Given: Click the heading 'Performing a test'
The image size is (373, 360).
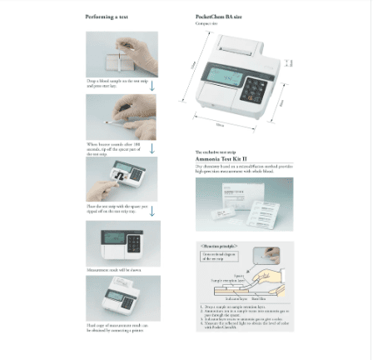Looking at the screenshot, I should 107,17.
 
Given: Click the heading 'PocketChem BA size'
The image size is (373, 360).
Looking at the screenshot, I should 218,17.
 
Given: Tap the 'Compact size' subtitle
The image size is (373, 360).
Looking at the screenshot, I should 206,23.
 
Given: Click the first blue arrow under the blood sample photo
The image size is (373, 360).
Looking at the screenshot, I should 152,85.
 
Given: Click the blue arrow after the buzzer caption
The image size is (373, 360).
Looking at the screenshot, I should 152,149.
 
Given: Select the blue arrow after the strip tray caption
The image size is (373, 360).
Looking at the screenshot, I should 152,211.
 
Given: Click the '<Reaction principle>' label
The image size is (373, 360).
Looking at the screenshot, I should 218,247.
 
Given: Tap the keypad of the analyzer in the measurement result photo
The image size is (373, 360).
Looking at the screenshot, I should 133,244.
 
